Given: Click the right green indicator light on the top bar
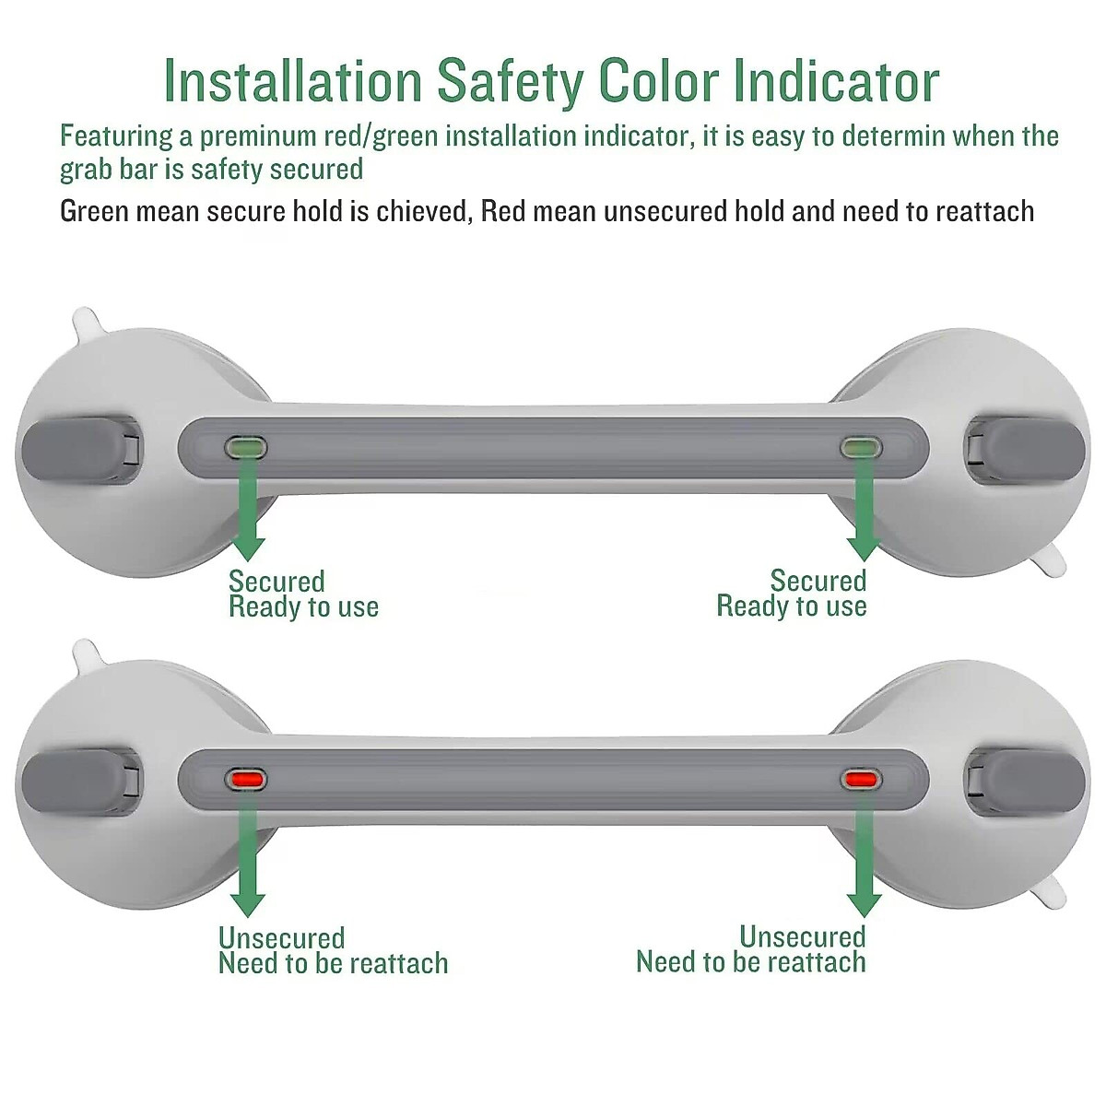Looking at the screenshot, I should click(861, 449).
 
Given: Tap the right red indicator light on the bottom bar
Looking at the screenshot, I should click(861, 780).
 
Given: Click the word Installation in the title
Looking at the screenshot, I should click(292, 81).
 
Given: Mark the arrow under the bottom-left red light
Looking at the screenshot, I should click(247, 862).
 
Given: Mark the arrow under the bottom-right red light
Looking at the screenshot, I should click(863, 862).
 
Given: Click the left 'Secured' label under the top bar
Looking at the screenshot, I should click(276, 582).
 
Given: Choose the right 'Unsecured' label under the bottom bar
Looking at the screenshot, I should click(802, 937).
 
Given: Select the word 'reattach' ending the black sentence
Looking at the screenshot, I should click(984, 212).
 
